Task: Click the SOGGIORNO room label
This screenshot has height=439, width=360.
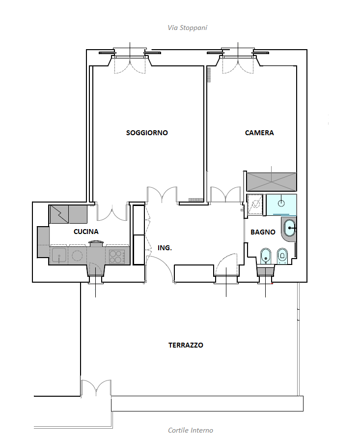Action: (147, 133)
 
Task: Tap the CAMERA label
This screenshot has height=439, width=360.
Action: (259, 133)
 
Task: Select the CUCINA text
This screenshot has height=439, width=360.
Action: (86, 232)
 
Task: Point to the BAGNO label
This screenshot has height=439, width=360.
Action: (263, 232)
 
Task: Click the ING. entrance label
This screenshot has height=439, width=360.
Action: (165, 248)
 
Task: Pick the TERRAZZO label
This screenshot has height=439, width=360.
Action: (186, 345)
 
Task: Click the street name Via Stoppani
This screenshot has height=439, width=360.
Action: (188, 28)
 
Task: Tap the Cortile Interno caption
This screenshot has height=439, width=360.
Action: (191, 430)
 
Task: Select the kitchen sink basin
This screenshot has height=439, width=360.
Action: (59, 255)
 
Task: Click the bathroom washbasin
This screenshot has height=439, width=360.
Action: (290, 228)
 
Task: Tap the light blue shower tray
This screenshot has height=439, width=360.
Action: (281, 205)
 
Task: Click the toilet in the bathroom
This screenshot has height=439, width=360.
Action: (282, 256)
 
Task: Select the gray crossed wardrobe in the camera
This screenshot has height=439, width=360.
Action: (271, 182)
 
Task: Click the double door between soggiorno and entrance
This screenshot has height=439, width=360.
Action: (162, 195)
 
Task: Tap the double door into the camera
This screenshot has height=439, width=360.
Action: (225, 194)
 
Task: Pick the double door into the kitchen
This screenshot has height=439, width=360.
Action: (112, 213)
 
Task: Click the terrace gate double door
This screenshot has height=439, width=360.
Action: (96, 388)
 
